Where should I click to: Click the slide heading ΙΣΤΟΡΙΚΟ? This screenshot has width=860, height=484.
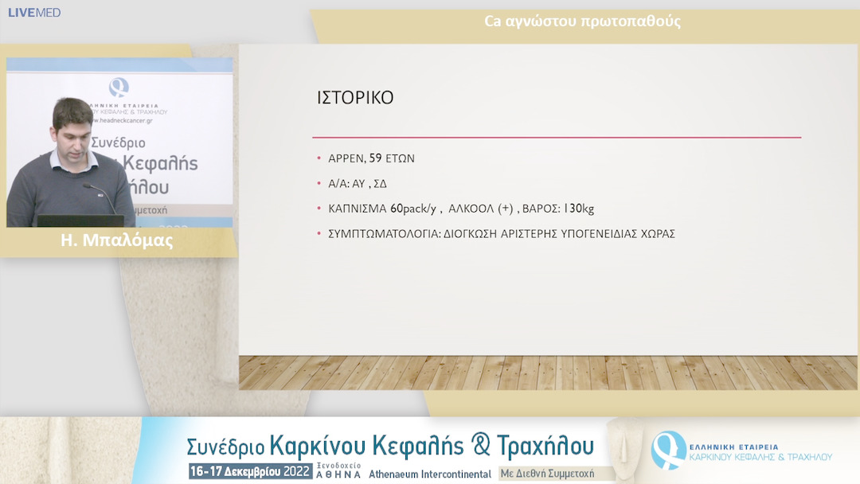coord(355,98)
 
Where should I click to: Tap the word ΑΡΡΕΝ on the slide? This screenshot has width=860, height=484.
coord(346,158)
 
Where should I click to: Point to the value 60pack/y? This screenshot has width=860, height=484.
coord(413,209)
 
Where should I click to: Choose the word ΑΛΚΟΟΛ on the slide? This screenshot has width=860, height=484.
coord(471,209)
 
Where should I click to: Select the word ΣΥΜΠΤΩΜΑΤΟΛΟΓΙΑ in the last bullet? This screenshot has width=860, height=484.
coord(382,234)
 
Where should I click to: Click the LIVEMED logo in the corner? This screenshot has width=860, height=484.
coord(34,13)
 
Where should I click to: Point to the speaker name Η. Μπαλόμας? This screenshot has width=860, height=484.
coord(117,241)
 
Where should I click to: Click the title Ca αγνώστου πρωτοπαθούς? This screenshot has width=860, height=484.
coord(582,21)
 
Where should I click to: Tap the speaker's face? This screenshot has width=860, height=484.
coord(74,127)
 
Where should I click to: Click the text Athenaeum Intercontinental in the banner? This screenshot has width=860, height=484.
coord(430,473)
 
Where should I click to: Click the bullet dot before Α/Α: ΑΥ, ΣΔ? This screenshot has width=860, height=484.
coord(320,183)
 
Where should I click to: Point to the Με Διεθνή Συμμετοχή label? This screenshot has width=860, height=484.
coord(547,473)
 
